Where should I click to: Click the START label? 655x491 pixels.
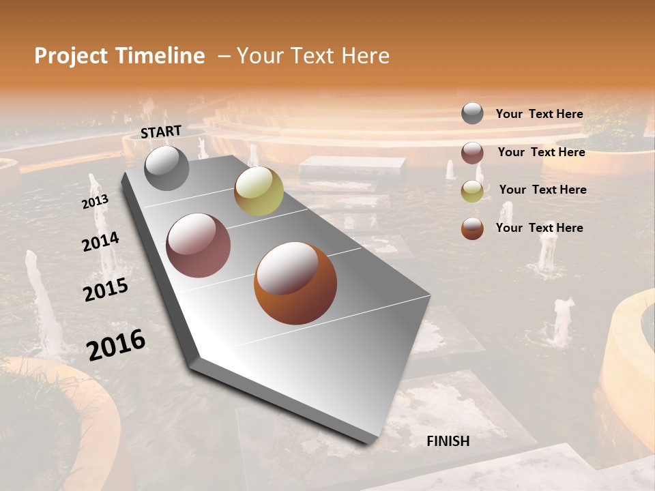(161, 132)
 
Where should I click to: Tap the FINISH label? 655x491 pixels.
(448, 441)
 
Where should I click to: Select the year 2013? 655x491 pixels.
(95, 202)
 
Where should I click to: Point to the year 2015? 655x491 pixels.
(106, 290)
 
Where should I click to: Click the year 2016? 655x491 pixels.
(116, 344)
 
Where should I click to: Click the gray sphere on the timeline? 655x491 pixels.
(166, 168)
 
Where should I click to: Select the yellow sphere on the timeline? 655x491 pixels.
(259, 191)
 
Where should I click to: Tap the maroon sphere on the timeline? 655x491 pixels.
(199, 245)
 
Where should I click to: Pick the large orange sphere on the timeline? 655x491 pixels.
(295, 283)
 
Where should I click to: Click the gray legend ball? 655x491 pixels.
(472, 114)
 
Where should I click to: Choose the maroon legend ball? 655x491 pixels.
(472, 153)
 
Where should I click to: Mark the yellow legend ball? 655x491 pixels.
(472, 191)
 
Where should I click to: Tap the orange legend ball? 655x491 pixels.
(472, 228)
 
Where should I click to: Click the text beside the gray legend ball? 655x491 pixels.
(539, 114)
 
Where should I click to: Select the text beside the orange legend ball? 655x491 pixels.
(539, 228)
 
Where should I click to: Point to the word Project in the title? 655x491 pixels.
(71, 56)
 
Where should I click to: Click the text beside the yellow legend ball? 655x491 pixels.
(542, 190)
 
